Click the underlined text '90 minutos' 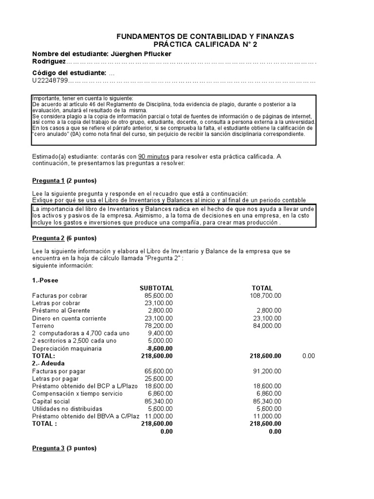(153, 156)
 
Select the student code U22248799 (50, 81)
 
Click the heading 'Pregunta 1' (48, 181)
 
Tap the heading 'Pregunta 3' (48, 448)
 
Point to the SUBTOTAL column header (156, 288)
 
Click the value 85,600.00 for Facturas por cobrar (159, 295)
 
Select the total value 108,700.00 (265, 295)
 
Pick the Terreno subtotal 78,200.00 (159, 326)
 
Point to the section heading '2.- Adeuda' (49, 364)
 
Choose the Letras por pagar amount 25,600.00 (159, 379)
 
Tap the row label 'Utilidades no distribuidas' (67, 409)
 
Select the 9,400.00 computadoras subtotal (161, 333)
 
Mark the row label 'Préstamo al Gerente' (61, 310)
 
